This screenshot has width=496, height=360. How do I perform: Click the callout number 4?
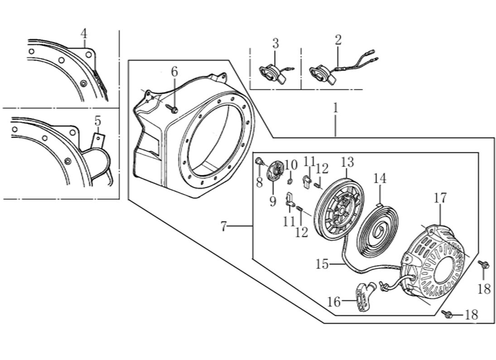pyautogui.click(x=84, y=34)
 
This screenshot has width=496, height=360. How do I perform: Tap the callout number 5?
pyautogui.click(x=97, y=121)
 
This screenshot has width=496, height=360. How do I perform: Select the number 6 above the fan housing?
pyautogui.click(x=174, y=72)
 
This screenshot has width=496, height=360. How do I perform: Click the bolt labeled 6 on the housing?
pyautogui.click(x=174, y=109)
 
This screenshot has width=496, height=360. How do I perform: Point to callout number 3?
pyautogui.click(x=275, y=44)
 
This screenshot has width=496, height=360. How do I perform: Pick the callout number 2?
pyautogui.click(x=338, y=40)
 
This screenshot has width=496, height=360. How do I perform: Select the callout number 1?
pyautogui.click(x=335, y=108)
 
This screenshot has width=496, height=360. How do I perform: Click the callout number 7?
pyautogui.click(x=223, y=227)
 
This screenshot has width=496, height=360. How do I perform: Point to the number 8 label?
pyautogui.click(x=259, y=183)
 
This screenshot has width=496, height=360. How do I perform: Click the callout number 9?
pyautogui.click(x=272, y=201)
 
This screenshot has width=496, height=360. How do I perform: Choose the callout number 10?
pyautogui.click(x=291, y=164)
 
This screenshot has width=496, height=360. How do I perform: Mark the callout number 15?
pyautogui.click(x=322, y=264)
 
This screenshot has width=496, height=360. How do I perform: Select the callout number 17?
pyautogui.click(x=440, y=198)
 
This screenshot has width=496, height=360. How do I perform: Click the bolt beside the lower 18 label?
pyautogui.click(x=448, y=314)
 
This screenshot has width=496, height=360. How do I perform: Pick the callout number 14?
pyautogui.click(x=380, y=179)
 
